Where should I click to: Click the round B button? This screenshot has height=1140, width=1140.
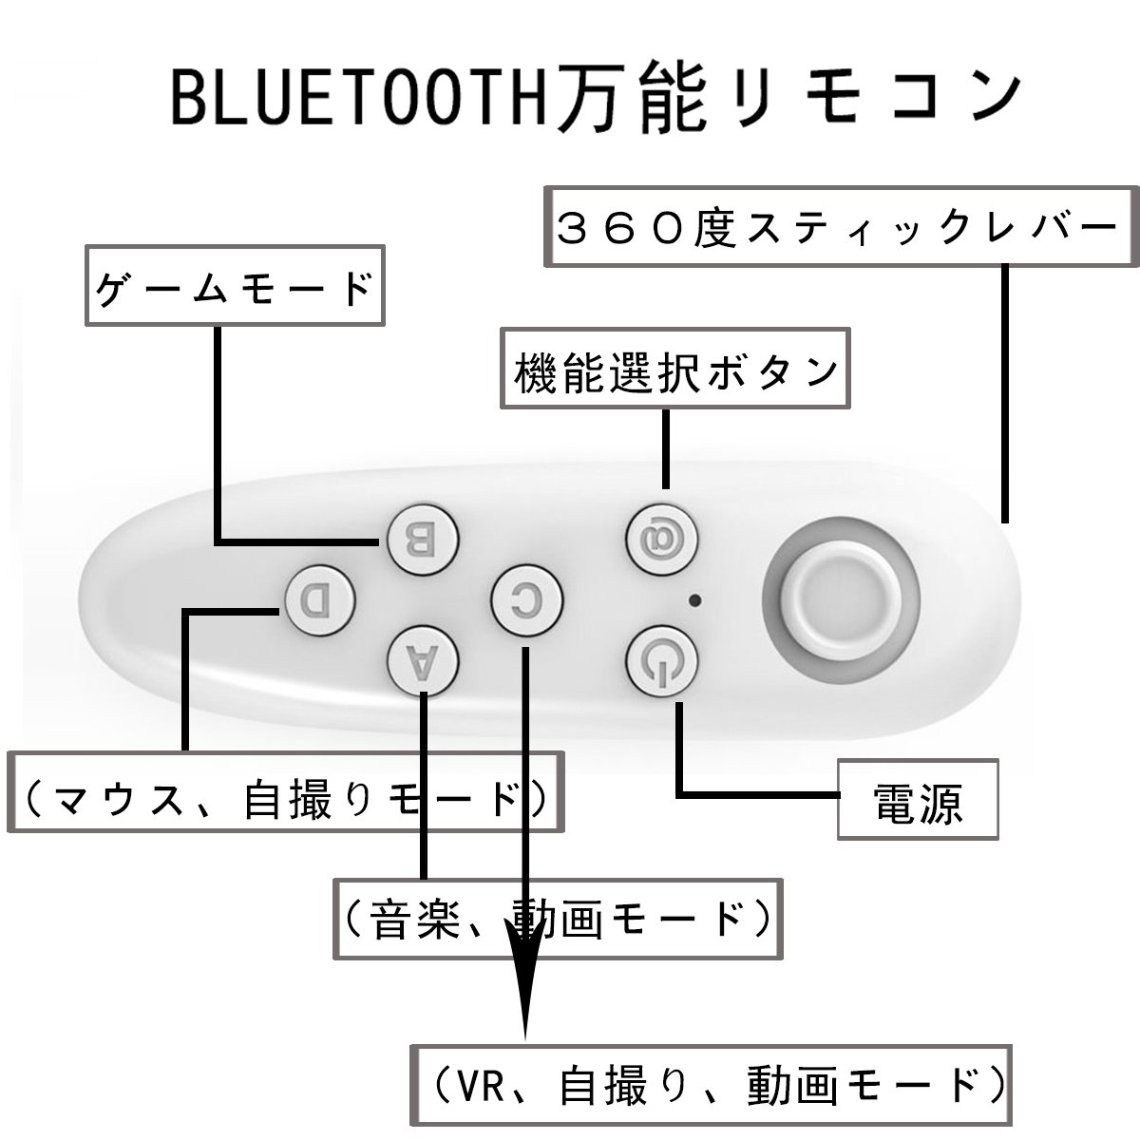(423, 541)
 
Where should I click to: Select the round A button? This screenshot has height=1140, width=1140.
(423, 659)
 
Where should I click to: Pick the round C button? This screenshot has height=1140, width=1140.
(528, 599)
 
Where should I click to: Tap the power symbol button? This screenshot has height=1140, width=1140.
(662, 659)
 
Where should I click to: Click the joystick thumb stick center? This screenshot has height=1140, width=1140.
(844, 600)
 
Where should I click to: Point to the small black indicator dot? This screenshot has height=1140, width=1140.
(696, 600)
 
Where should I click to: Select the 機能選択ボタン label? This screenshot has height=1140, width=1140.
(675, 370)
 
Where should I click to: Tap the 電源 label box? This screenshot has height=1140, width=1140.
(917, 799)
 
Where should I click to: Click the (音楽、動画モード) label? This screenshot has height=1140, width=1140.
(558, 918)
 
